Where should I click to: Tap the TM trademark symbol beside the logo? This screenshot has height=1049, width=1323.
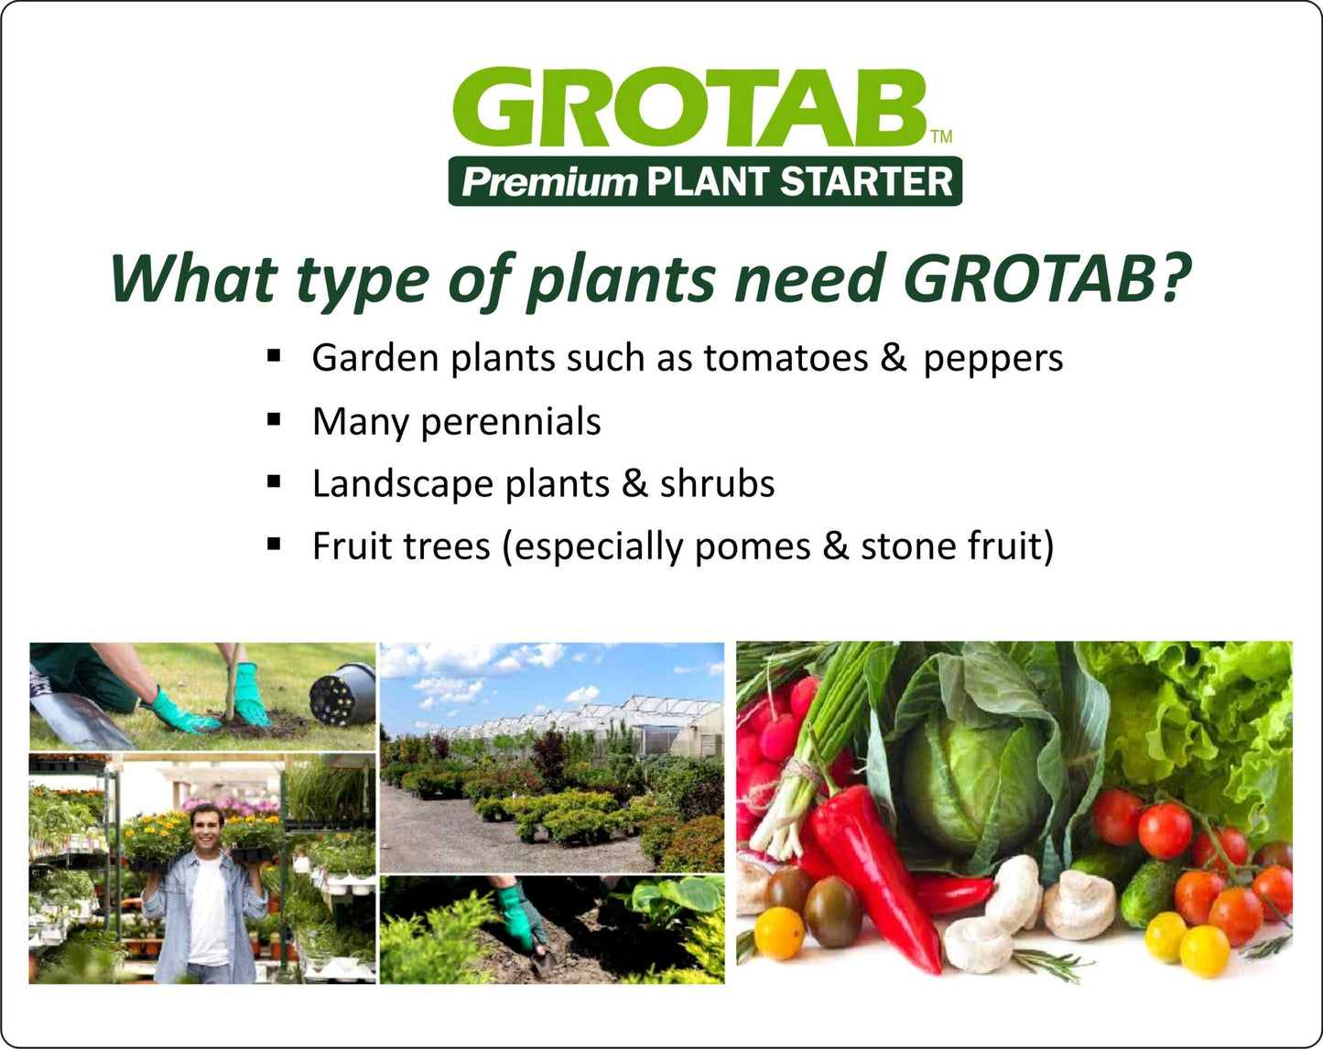click(x=941, y=137)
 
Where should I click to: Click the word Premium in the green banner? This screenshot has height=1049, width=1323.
click(x=548, y=181)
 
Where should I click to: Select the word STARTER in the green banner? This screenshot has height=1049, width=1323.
click(x=865, y=181)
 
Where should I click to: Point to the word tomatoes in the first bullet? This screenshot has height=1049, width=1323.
click(x=786, y=358)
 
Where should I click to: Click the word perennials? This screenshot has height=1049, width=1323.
click(x=510, y=422)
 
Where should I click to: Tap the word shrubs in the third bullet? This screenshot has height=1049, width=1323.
click(x=717, y=483)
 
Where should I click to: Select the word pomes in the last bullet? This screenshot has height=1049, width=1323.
click(x=752, y=546)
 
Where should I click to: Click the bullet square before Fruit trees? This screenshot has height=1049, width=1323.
click(x=274, y=544)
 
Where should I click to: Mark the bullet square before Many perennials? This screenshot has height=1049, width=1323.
click(x=274, y=419)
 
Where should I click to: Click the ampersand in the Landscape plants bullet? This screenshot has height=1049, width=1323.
click(x=634, y=483)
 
